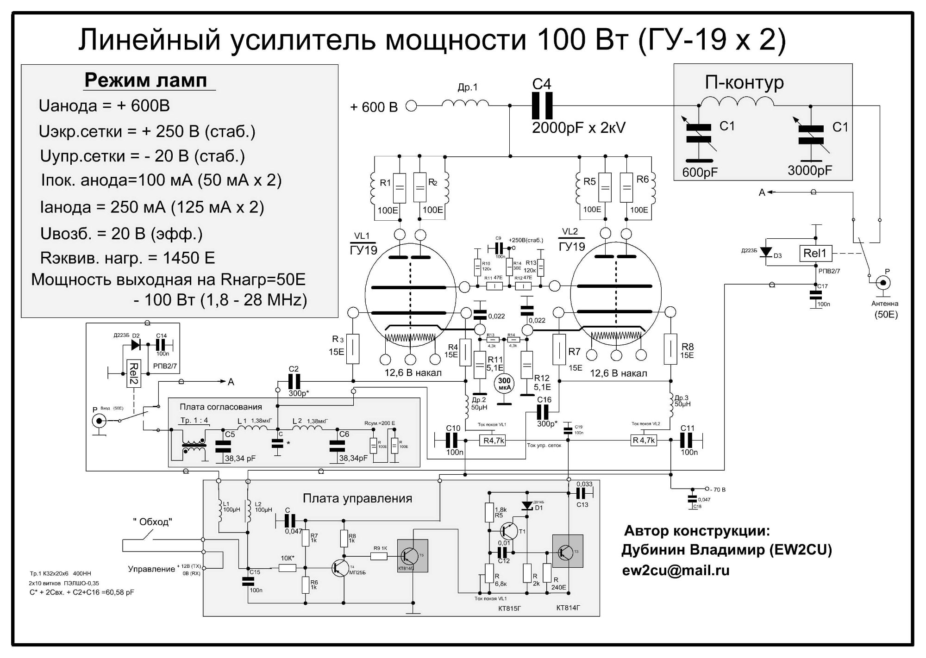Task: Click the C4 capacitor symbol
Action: click(542, 106)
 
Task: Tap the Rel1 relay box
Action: click(816, 253)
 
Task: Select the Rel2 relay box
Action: click(133, 373)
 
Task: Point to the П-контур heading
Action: click(744, 82)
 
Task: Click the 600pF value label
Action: click(700, 172)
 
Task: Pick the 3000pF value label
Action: click(810, 170)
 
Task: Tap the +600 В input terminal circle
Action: click(411, 106)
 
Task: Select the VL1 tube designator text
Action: click(362, 236)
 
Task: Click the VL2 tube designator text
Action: click(570, 231)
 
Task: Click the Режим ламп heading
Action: click(145, 81)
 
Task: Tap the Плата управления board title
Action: click(357, 498)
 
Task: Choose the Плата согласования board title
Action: click(221, 407)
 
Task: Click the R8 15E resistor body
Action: click(670, 349)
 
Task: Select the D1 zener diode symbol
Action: click(527, 506)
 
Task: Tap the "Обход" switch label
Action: click(152, 522)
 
